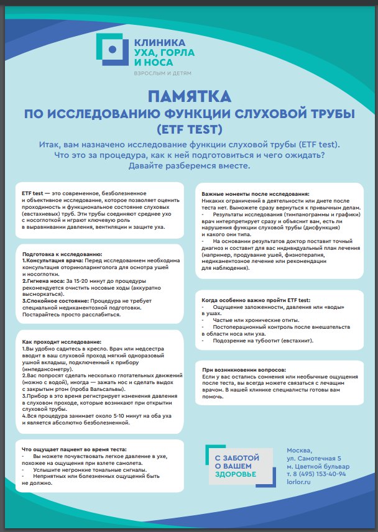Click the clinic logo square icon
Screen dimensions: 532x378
click(112, 49)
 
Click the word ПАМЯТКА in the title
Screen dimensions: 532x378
click(189, 96)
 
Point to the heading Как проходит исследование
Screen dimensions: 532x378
click(61, 342)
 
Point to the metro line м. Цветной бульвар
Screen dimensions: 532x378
click(318, 466)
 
